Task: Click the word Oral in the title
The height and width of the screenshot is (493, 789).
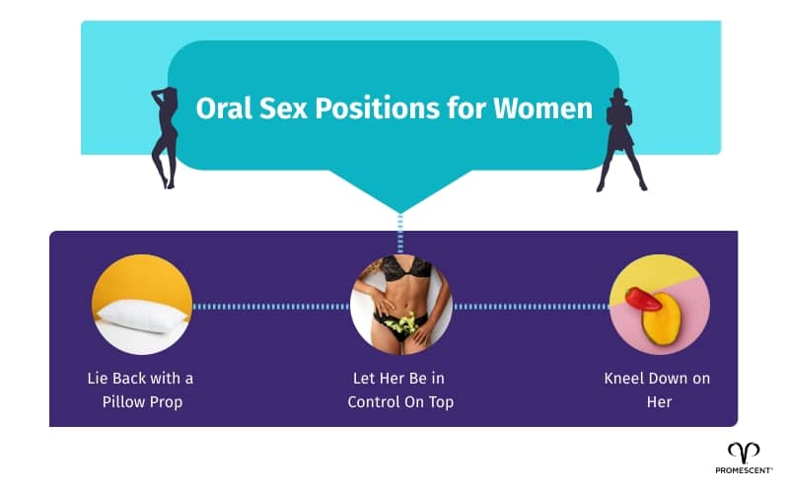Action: (222, 107)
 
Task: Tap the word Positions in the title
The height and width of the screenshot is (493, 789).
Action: (361, 107)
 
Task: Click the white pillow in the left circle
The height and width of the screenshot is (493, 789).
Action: (141, 315)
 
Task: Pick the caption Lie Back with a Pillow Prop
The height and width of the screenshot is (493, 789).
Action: (141, 389)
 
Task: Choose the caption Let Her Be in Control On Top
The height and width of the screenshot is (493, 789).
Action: (400, 389)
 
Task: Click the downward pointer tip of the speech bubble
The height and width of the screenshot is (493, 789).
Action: (400, 209)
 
